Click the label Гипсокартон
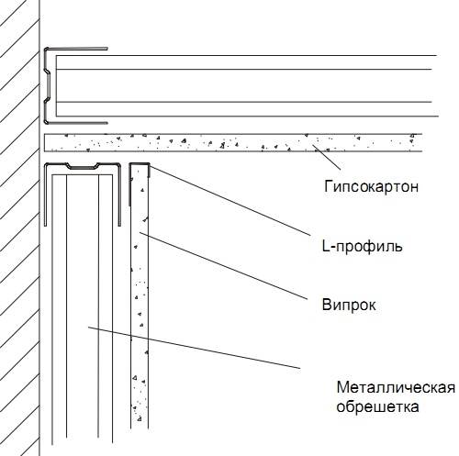point(371,186)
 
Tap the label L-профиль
point(362,246)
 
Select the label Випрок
point(349,305)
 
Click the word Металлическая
point(396,387)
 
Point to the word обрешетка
point(377,406)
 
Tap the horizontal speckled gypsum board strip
point(233,142)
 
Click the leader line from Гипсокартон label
point(326,157)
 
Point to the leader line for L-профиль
point(229,200)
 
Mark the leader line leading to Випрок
point(223,266)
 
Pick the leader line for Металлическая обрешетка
point(194,348)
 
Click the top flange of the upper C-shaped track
point(76,49)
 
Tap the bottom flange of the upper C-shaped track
point(76,123)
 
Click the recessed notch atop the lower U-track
point(83,167)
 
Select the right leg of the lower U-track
point(119,195)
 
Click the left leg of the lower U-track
point(46,195)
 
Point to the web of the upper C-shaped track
point(46,85)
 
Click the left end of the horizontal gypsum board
point(45,142)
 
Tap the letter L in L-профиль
point(325,245)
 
